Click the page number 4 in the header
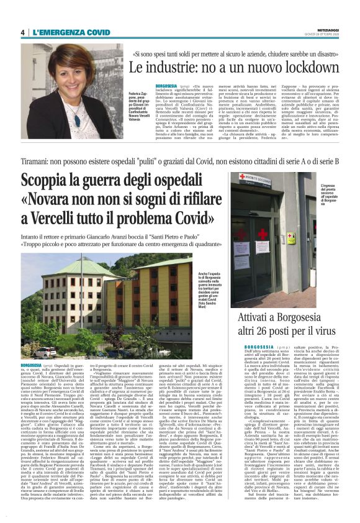coord(22,32)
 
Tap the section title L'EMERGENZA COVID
coord(67,32)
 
